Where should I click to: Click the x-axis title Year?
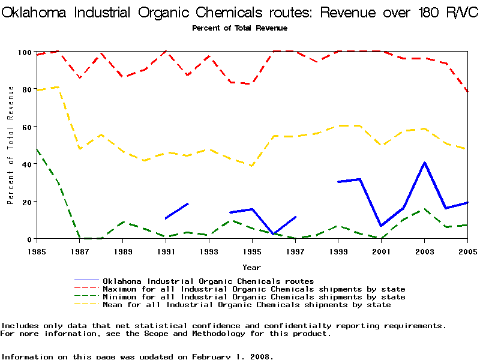[251, 267]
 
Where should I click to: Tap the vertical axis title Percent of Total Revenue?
[11, 145]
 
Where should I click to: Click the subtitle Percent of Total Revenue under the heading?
[239, 28]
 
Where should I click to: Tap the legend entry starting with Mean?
[247, 305]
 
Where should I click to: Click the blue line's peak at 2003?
[424, 163]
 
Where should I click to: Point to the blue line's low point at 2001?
[381, 226]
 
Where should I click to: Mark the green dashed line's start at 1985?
[37, 149]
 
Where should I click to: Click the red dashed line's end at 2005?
[467, 92]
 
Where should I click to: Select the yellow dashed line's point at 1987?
[80, 149]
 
